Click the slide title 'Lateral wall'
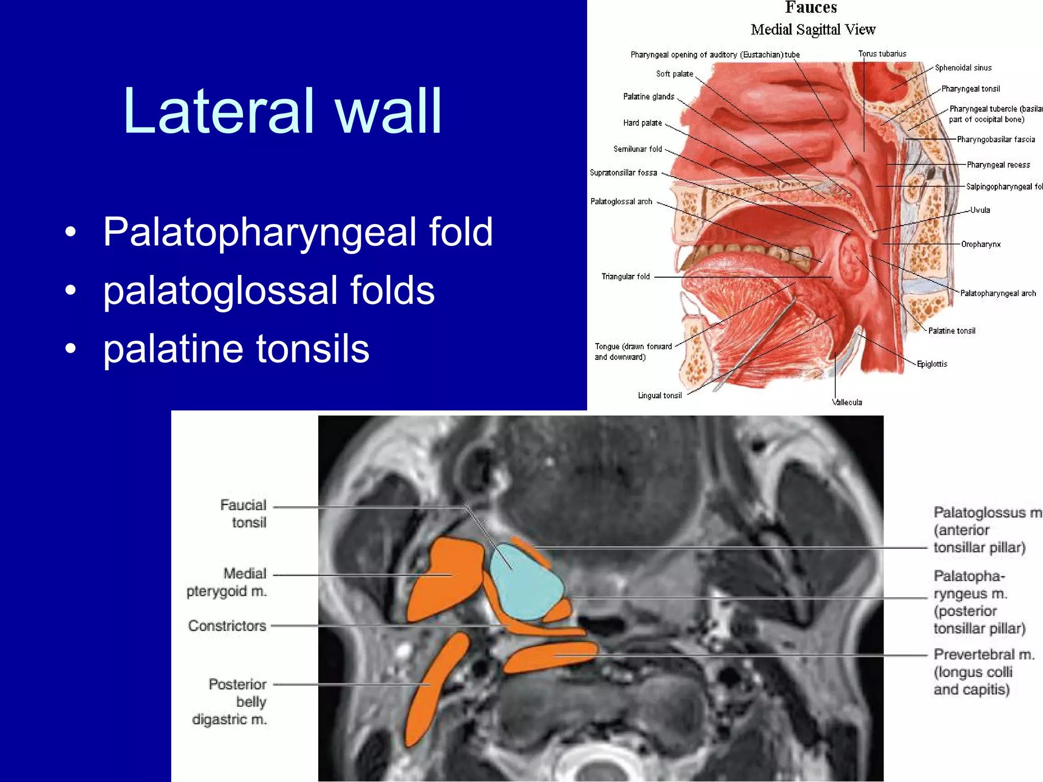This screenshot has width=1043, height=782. [282, 111]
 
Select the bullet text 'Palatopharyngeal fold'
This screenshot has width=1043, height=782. [298, 232]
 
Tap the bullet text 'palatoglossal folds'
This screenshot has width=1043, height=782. [269, 290]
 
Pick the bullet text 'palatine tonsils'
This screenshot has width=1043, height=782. [236, 349]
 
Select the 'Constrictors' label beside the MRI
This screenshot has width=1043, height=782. [227, 626]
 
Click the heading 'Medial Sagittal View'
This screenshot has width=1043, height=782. [813, 30]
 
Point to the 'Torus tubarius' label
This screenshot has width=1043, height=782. [882, 54]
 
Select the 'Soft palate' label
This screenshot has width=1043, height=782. [674, 74]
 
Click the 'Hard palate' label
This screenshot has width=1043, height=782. [642, 123]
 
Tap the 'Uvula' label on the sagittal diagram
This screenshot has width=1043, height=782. [980, 210]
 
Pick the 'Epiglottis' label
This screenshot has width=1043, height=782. [932, 364]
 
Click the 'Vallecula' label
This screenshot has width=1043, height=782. [847, 402]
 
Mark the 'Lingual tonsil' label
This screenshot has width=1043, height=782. [660, 396]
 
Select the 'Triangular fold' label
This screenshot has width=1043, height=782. [625, 276]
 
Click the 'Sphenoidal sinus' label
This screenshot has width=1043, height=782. [963, 68]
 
